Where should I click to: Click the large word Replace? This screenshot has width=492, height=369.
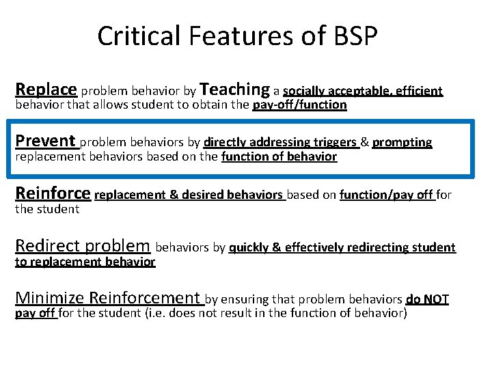tap(46, 89)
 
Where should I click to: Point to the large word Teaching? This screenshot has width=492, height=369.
tap(236, 89)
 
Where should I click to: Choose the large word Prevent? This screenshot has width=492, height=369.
tap(45, 141)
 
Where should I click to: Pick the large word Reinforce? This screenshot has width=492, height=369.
tap(53, 193)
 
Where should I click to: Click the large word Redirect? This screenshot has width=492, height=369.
tap(48, 245)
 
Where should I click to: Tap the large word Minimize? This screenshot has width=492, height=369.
tap(50, 297)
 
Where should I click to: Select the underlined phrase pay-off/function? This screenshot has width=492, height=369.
tap(299, 105)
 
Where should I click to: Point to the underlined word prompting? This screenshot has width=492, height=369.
tap(402, 142)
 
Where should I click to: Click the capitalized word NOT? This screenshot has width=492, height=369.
tap(436, 299)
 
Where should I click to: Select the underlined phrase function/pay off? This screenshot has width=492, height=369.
tap(386, 195)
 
